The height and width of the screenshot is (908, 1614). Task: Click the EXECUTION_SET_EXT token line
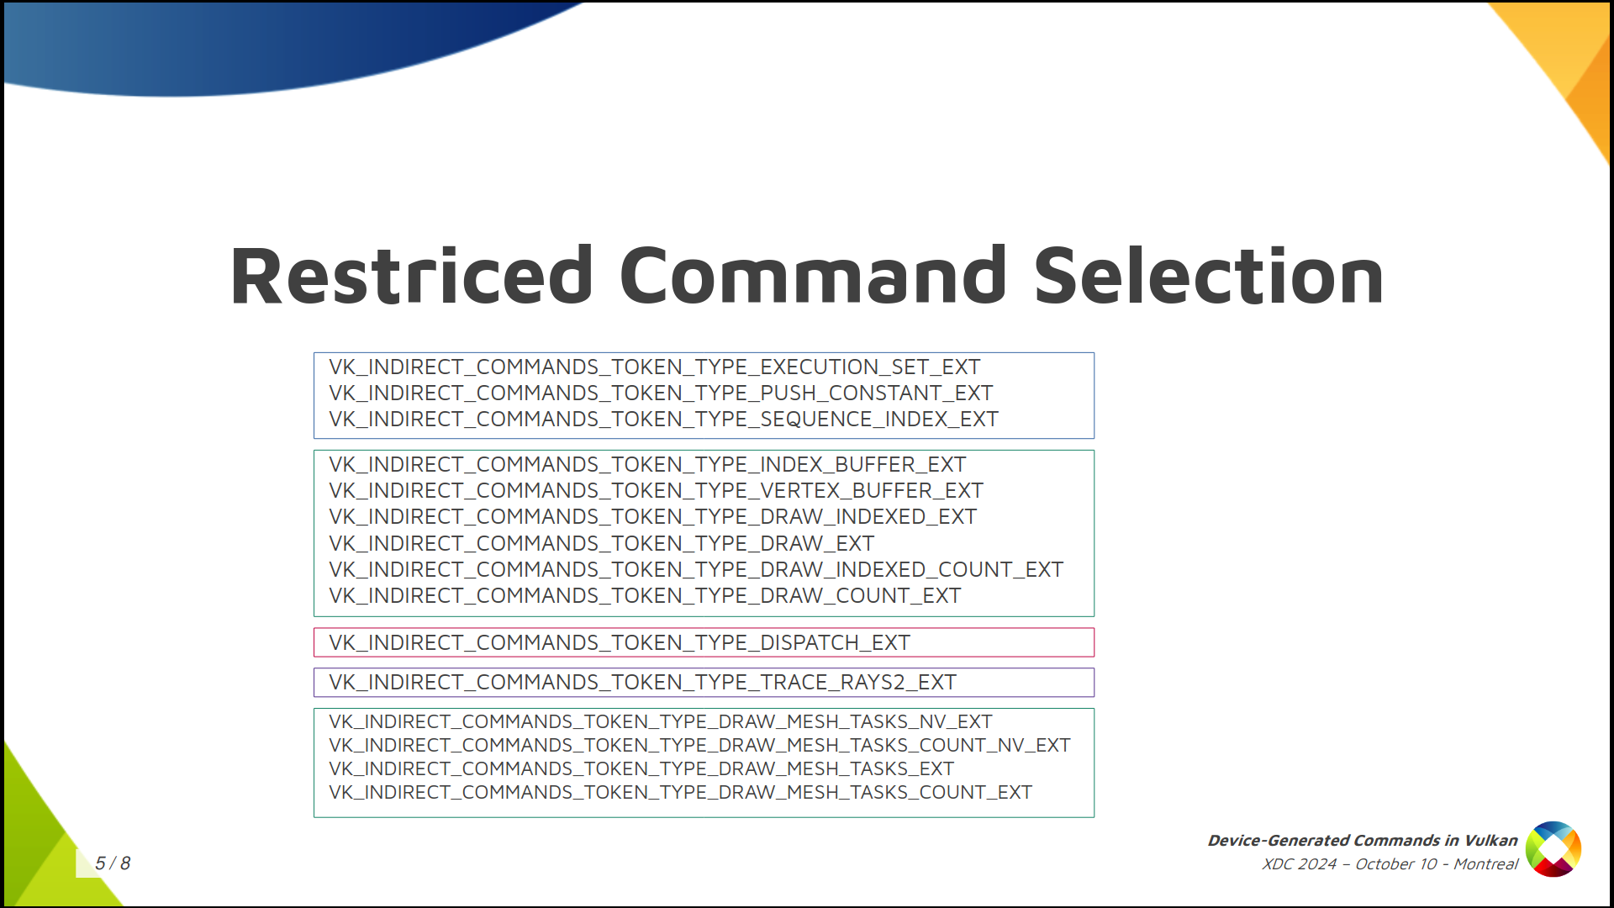(655, 367)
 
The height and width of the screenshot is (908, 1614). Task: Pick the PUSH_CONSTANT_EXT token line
(661, 393)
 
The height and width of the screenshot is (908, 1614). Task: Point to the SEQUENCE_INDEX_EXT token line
(663, 420)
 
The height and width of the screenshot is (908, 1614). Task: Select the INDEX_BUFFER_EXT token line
(647, 465)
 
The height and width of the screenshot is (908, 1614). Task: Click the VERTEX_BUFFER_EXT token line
(656, 491)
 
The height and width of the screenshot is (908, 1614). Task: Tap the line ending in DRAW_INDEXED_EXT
(652, 517)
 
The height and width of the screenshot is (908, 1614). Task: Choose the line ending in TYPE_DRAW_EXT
(602, 544)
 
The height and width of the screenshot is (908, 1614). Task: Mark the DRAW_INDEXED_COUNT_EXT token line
(696, 570)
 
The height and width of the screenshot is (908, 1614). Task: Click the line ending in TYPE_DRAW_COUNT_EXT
(645, 596)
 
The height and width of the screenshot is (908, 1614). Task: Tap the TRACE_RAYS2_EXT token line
(642, 683)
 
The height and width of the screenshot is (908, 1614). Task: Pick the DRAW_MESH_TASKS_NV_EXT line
(661, 722)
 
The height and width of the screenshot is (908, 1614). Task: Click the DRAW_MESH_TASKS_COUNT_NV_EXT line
(699, 746)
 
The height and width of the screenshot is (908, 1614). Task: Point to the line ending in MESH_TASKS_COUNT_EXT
(680, 793)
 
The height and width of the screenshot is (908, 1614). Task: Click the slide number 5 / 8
(113, 863)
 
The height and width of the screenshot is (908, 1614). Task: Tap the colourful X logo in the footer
(1553, 849)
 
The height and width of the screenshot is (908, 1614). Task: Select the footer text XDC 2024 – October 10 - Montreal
(1390, 864)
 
